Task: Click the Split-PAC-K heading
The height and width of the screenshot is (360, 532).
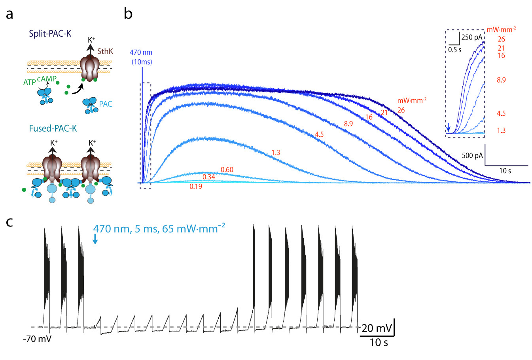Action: pyautogui.click(x=50, y=33)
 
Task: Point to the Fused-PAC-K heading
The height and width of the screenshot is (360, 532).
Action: pyautogui.click(x=53, y=128)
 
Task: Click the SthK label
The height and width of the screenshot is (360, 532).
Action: pyautogui.click(x=105, y=51)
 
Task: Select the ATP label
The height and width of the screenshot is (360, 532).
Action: pyautogui.click(x=30, y=83)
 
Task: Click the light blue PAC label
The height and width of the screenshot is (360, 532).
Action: pyautogui.click(x=106, y=104)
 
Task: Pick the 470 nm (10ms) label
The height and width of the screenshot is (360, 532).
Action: pyautogui.click(x=141, y=57)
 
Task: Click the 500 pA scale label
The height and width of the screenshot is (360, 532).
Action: pyautogui.click(x=472, y=155)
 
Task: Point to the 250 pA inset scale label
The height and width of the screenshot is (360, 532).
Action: pyautogui.click(x=472, y=38)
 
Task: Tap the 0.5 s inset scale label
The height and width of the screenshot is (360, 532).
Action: pyautogui.click(x=454, y=50)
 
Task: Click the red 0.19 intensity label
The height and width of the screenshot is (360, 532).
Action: pyautogui.click(x=196, y=187)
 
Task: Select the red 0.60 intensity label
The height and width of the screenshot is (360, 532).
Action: pyautogui.click(x=227, y=170)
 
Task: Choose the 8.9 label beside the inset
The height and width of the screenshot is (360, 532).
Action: pyautogui.click(x=501, y=80)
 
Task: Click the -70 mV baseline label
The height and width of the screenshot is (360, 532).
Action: pyautogui.click(x=38, y=339)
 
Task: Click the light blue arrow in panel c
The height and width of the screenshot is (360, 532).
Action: pyautogui.click(x=95, y=239)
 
